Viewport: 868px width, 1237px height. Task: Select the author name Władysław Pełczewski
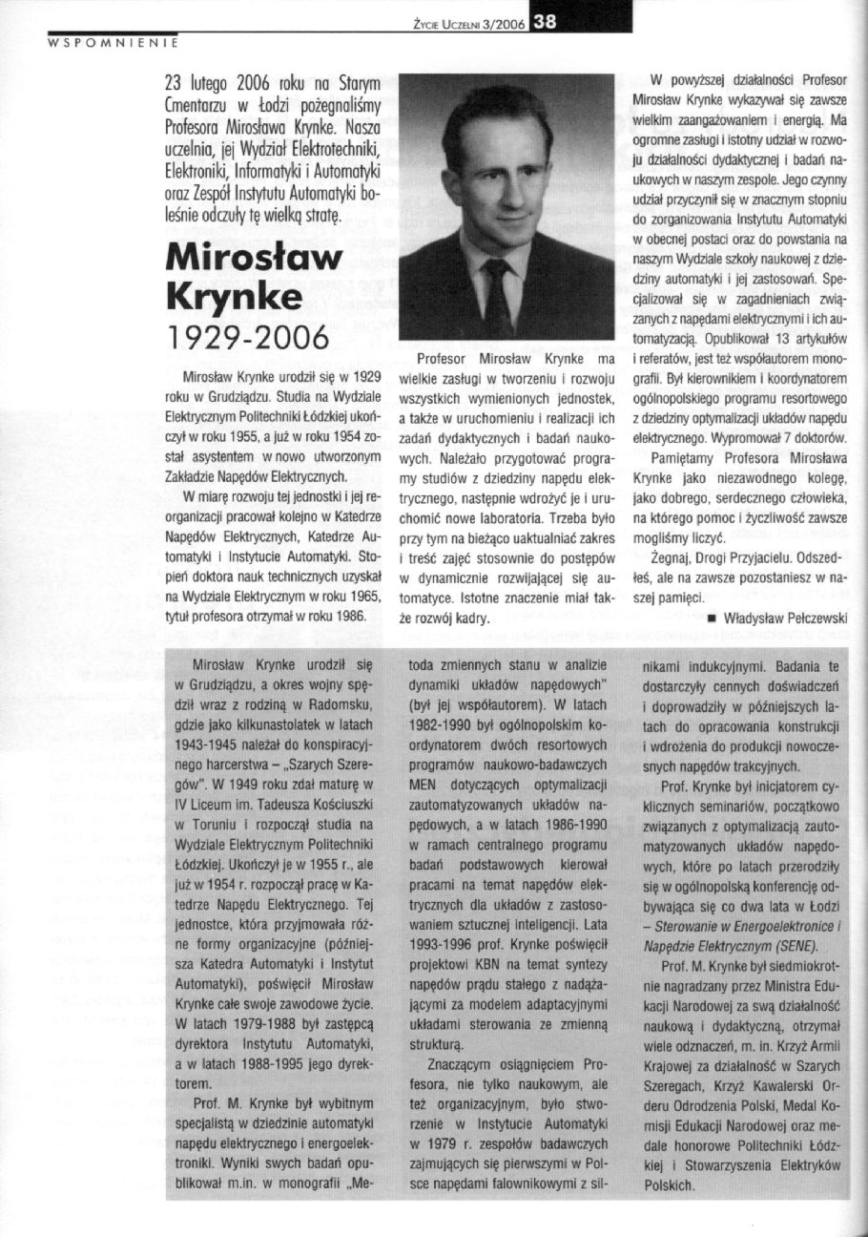pos(786,618)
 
